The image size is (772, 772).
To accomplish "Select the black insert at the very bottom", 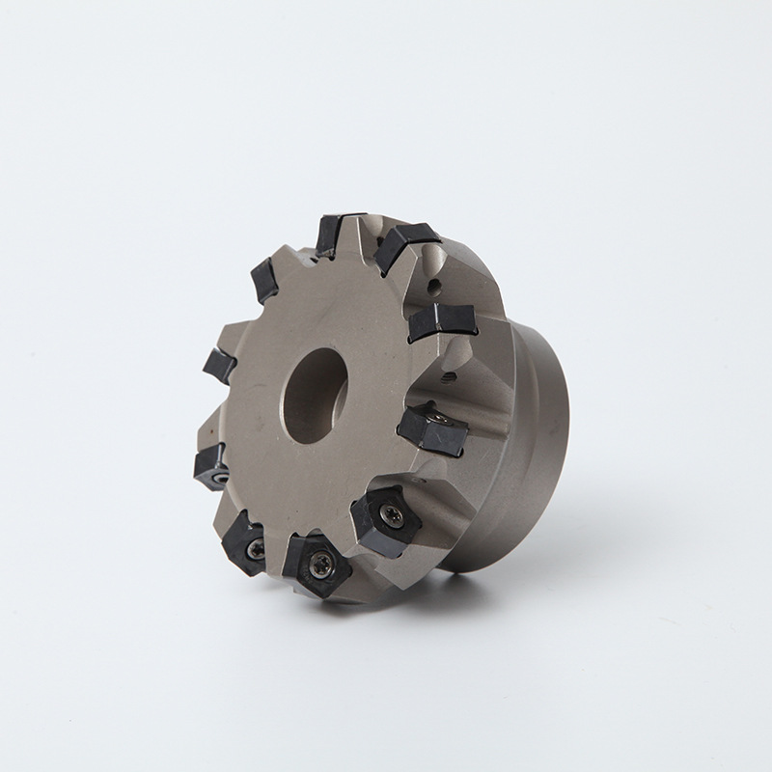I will [x=314, y=564].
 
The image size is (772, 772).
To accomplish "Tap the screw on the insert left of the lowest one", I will [x=255, y=548].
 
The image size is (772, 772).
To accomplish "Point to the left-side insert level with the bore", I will [x=219, y=365].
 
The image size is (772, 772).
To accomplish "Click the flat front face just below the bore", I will [x=309, y=482].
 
